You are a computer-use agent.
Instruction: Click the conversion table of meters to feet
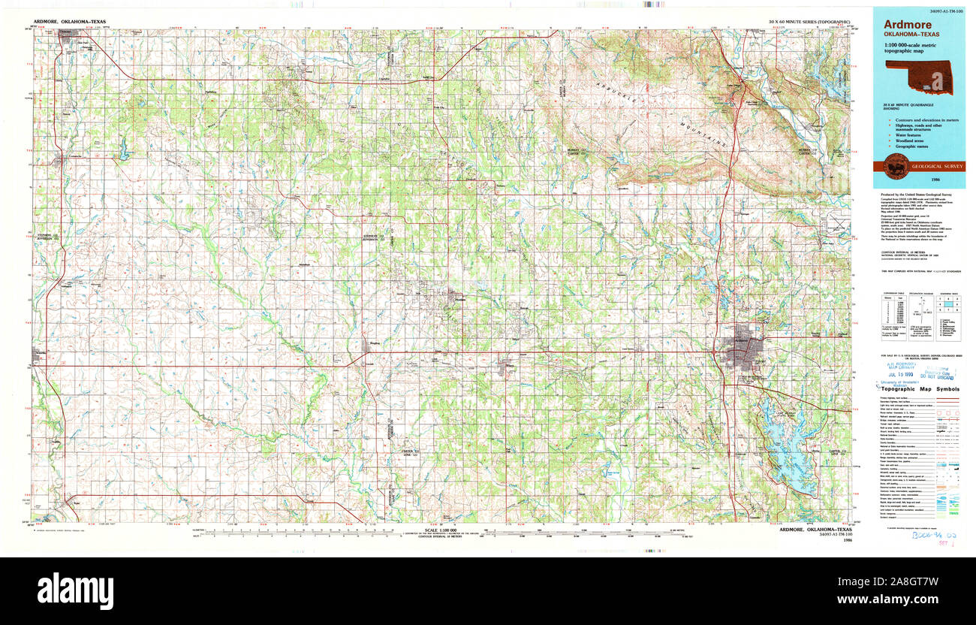(893, 309)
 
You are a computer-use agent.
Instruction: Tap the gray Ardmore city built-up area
(743, 349)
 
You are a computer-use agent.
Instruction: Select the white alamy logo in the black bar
(75, 590)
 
